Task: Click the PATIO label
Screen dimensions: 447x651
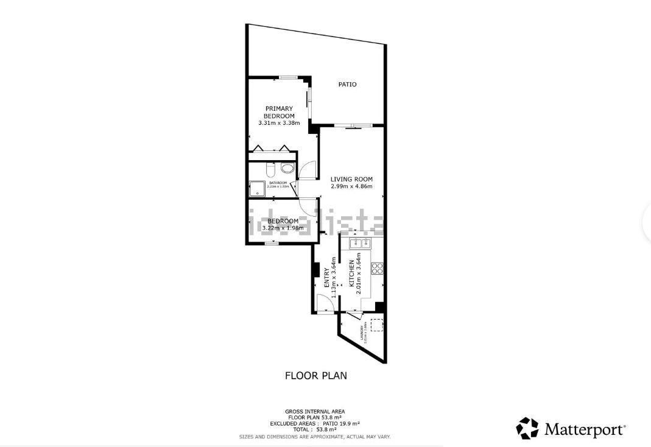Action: (x=347, y=85)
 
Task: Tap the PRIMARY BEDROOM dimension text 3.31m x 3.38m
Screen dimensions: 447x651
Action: (x=279, y=123)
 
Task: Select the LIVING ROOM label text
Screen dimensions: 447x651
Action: (x=351, y=179)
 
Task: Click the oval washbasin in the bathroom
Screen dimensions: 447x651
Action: (x=287, y=169)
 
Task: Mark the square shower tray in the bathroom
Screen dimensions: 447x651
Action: (x=256, y=189)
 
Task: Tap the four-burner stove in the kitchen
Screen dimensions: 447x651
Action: (x=376, y=267)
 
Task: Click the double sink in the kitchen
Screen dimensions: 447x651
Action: (x=359, y=244)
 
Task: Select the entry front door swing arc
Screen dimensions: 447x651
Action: (x=324, y=303)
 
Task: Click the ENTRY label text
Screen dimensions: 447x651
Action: (x=327, y=278)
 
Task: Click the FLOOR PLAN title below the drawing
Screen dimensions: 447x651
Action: (x=316, y=376)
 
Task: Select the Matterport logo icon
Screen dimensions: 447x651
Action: (x=527, y=428)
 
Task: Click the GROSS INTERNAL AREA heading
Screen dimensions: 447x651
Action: (x=314, y=412)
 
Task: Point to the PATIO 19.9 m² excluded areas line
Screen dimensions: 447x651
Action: (x=315, y=423)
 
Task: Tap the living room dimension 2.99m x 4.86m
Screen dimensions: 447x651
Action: (x=351, y=186)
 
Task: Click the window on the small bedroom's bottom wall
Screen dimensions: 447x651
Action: (x=272, y=244)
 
